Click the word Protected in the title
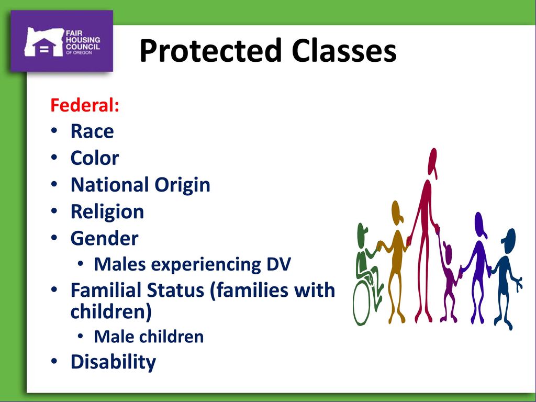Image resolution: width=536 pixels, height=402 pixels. pos(210,51)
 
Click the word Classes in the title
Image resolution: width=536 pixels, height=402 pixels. pos(344,50)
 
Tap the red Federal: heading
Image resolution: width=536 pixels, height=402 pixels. pos(85,105)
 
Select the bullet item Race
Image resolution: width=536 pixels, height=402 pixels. pos(92,131)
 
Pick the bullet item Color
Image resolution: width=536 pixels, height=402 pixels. pos(95,158)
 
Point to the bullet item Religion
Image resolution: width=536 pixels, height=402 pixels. pos(107,212)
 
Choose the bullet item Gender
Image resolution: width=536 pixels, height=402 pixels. pos(104,238)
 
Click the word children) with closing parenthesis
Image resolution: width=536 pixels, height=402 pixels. pos(111,312)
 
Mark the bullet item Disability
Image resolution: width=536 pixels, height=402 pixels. pos(113,362)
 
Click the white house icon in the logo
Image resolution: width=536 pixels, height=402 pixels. pos(44,47)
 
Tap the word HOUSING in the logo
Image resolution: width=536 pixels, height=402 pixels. pos(83,40)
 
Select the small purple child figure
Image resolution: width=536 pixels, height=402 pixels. pos(449,282)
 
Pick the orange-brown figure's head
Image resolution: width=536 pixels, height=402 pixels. pos(397,213)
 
